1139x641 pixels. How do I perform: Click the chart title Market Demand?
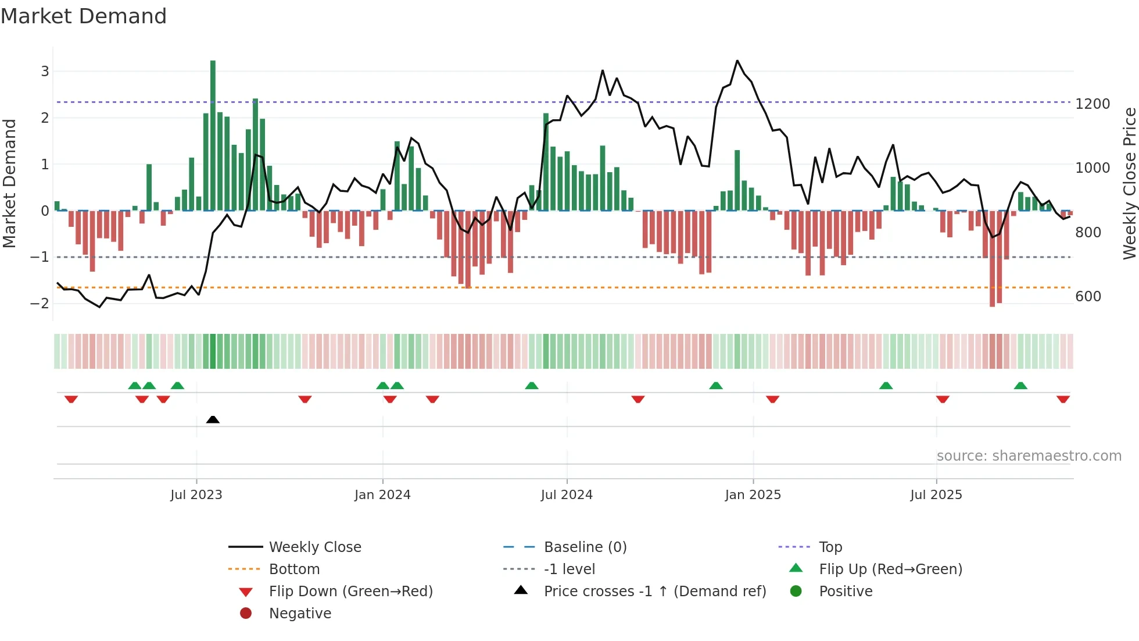tap(84, 16)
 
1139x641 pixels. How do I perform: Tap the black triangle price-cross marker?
tap(213, 419)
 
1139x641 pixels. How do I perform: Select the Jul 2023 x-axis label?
tap(196, 495)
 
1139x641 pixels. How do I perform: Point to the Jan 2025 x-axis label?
tap(753, 495)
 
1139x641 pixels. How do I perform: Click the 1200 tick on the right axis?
tap(1093, 104)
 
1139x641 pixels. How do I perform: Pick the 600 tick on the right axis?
tap(1088, 297)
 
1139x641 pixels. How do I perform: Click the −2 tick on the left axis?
tap(40, 304)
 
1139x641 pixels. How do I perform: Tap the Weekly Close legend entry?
tap(314, 547)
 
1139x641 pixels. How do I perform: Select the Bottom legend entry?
tap(294, 569)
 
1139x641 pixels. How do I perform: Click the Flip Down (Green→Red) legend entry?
tap(350, 592)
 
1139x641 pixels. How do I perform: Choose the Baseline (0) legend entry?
tap(585, 547)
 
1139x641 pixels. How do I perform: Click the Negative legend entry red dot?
tap(246, 614)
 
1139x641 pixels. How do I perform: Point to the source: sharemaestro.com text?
tap(1029, 456)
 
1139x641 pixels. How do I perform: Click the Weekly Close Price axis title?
tap(1129, 183)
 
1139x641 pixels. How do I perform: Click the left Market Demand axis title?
tap(10, 183)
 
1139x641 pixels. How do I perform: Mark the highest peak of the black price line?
tap(737, 60)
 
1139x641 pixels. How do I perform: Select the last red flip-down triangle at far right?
tap(1063, 400)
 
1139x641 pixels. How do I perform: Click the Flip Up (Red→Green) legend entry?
tap(890, 569)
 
